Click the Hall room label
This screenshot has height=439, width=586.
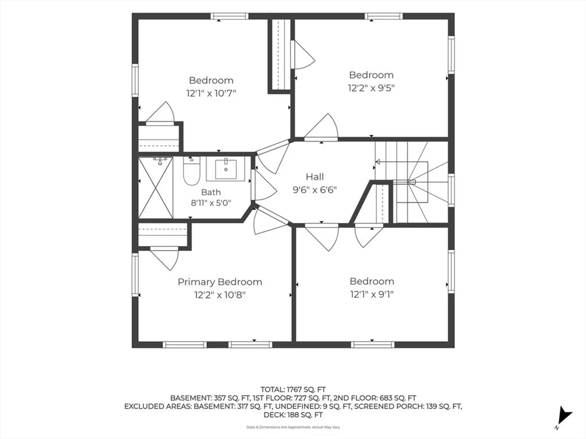[x=315, y=177]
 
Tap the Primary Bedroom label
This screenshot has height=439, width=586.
[x=220, y=282]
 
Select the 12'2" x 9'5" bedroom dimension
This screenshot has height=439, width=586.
[x=372, y=88]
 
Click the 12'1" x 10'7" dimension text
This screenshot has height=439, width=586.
[x=211, y=93]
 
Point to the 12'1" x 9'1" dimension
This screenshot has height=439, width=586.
[x=372, y=294]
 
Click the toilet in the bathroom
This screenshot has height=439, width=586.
[x=191, y=171]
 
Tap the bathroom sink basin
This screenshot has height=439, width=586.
[x=226, y=169]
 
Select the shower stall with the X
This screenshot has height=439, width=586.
[x=155, y=187]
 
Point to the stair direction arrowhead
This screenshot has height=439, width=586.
[x=378, y=161]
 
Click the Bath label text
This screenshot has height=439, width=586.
[x=211, y=192]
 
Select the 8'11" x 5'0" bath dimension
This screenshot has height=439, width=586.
[x=211, y=203]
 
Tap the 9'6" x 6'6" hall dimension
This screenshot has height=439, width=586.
[x=315, y=190]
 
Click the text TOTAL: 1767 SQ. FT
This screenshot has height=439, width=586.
[x=293, y=390]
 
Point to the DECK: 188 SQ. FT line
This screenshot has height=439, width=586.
[x=293, y=415]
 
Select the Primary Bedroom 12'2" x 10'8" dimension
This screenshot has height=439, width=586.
[x=220, y=295]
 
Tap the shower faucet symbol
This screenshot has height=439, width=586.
[x=160, y=161]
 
